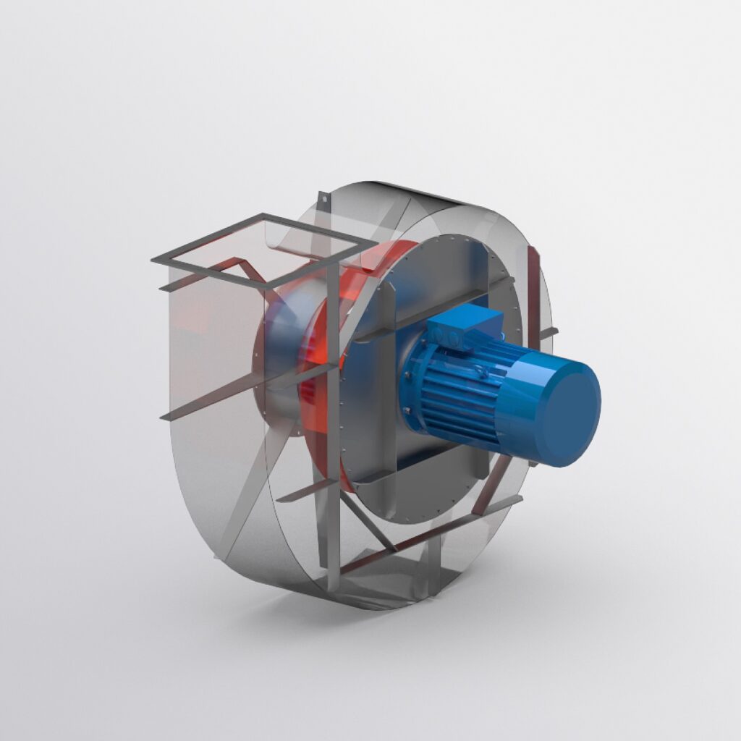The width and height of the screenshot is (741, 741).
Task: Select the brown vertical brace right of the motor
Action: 534,297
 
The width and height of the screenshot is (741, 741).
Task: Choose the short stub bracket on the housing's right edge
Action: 549,334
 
